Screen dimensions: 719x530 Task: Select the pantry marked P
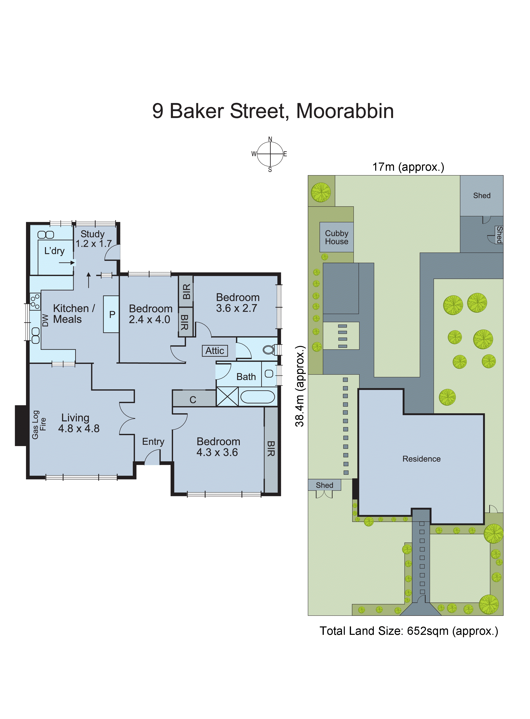[x=112, y=314]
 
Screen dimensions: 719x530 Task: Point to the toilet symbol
[x=269, y=349]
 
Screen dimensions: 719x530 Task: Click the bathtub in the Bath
[x=258, y=397]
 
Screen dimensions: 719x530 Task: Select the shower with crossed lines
[x=227, y=397]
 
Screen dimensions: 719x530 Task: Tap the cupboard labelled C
[x=193, y=399]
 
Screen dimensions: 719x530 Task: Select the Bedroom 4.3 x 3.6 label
[x=218, y=447]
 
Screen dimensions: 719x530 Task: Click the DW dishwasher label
[x=45, y=320]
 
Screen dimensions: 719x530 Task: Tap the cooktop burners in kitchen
[x=35, y=302]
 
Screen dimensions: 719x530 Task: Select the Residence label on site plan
[x=421, y=459]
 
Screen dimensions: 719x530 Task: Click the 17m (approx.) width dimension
[x=408, y=167]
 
